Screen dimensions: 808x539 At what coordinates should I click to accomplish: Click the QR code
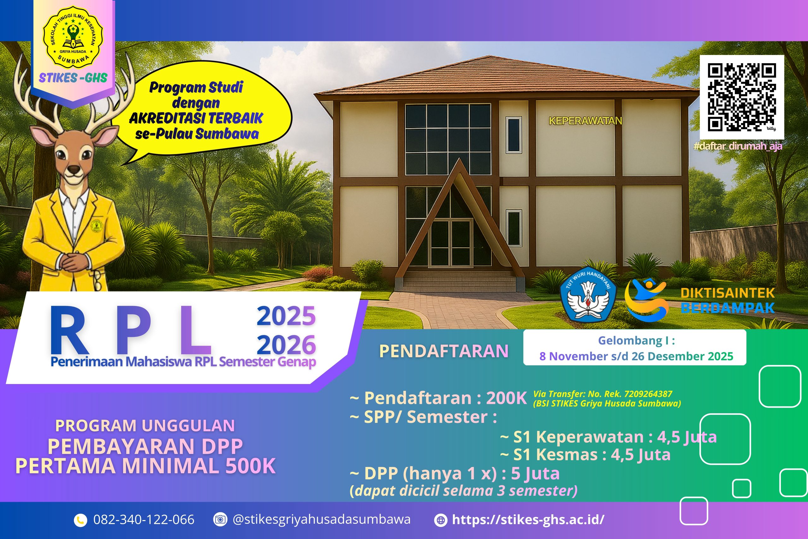pyautogui.click(x=742, y=97)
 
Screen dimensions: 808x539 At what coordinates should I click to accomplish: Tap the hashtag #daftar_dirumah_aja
pyautogui.click(x=738, y=146)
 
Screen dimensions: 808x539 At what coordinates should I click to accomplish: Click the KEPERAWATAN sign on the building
pyautogui.click(x=585, y=121)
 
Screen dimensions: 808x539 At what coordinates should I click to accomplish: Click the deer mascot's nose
pyautogui.click(x=73, y=170)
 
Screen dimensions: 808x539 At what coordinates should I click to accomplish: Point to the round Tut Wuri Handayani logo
pyautogui.click(x=588, y=294)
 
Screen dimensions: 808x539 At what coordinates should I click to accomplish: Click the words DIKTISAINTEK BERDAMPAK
pyautogui.click(x=728, y=300)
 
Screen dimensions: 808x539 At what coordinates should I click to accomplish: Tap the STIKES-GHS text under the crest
pyautogui.click(x=73, y=78)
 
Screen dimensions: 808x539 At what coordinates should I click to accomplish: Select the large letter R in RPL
pyautogui.click(x=71, y=330)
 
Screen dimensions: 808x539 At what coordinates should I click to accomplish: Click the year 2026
pyautogui.click(x=286, y=344)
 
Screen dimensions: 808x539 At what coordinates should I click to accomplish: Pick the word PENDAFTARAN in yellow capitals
pyautogui.click(x=444, y=351)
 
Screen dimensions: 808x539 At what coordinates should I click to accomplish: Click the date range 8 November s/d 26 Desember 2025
pyautogui.click(x=636, y=356)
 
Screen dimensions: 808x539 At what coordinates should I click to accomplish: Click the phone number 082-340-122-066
pyautogui.click(x=144, y=519)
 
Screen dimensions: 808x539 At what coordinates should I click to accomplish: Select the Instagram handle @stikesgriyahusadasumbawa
pyautogui.click(x=322, y=519)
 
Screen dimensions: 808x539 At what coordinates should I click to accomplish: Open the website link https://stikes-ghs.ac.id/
pyautogui.click(x=528, y=519)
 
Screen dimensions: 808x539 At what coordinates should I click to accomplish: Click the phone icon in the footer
pyautogui.click(x=80, y=520)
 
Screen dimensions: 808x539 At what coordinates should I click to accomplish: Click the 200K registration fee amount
pyautogui.click(x=506, y=398)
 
